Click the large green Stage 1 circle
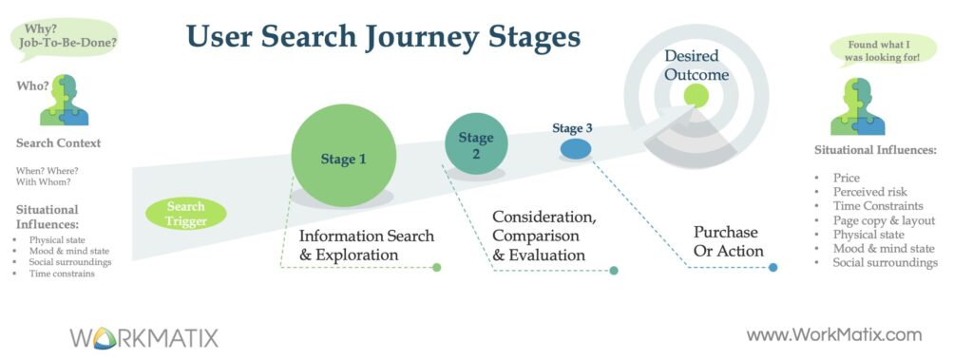pyautogui.click(x=344, y=155)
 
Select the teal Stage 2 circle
pyautogui.click(x=477, y=144)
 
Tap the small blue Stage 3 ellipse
pyautogui.click(x=576, y=149)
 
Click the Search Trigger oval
pyautogui.click(x=185, y=214)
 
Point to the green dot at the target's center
pyautogui.click(x=696, y=96)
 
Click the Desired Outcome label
pyautogui.click(x=696, y=66)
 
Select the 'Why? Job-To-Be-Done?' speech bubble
pyautogui.click(x=66, y=39)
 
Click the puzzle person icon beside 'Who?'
pyautogui.click(x=64, y=100)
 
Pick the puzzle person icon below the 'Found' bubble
pyautogui.click(x=858, y=106)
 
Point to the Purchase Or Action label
pyautogui.click(x=727, y=241)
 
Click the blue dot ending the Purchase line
pyautogui.click(x=773, y=268)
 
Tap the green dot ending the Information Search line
pyautogui.click(x=436, y=268)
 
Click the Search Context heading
pyautogui.click(x=58, y=143)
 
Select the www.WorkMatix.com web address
pyautogui.click(x=834, y=335)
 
